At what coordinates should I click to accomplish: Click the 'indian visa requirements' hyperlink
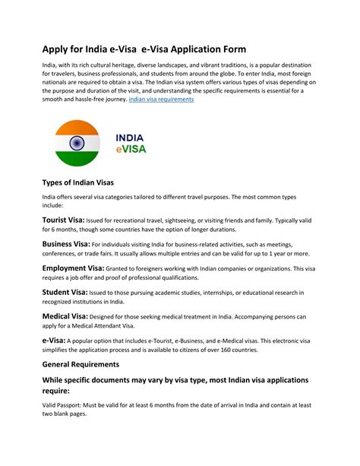click(161, 100)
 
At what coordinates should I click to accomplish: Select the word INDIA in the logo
click(131, 138)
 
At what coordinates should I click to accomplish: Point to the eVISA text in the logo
click(131, 150)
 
